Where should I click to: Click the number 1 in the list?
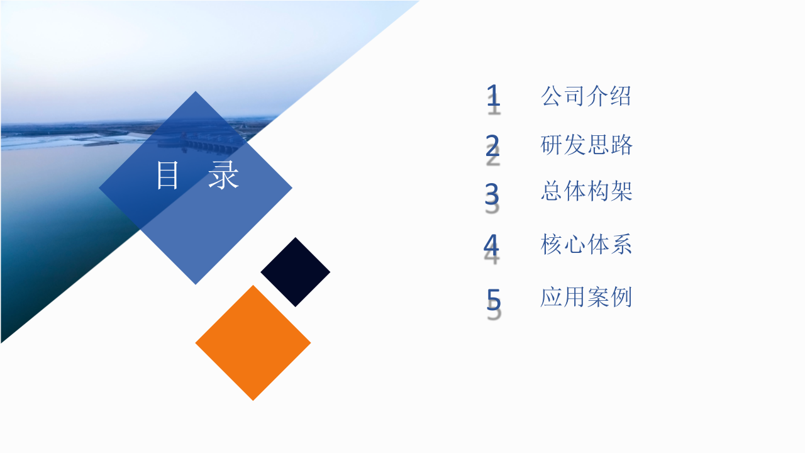494,96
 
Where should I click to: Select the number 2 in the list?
492,146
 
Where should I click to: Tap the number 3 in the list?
492,194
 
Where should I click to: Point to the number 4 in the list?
491,245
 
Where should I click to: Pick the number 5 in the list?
494,299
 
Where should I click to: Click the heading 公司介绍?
586,96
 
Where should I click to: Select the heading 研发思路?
586,145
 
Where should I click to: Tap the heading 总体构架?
586,191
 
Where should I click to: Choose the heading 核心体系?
586,244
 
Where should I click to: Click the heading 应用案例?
586,297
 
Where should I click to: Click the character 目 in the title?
168,176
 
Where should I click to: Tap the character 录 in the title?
224,176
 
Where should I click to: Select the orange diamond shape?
253,343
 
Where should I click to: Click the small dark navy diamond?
296,272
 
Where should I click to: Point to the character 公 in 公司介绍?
552,96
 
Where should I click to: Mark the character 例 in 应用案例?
621,297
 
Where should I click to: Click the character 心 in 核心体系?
575,244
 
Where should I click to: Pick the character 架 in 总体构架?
621,191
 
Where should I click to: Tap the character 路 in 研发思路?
621,145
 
